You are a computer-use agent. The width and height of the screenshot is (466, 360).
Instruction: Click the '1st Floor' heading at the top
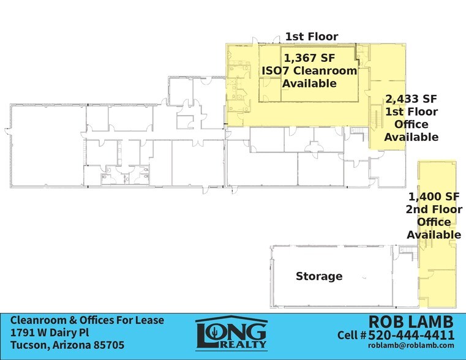(x=311, y=37)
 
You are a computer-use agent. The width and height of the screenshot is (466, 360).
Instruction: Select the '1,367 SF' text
(x=310, y=58)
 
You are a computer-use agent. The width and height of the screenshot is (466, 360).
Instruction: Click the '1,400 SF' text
(x=434, y=197)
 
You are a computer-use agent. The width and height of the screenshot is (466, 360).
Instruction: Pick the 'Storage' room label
(x=319, y=276)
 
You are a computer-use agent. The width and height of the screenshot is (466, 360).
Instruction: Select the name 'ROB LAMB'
(x=412, y=321)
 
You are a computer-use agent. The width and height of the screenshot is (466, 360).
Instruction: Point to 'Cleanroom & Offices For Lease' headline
(x=81, y=321)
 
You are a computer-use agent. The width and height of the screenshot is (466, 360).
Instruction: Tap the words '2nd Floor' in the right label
(x=434, y=209)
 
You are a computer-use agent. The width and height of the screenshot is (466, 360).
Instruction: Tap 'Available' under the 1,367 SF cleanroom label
(x=309, y=83)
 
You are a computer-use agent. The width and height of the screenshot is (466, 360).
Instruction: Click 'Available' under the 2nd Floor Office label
(x=434, y=234)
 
